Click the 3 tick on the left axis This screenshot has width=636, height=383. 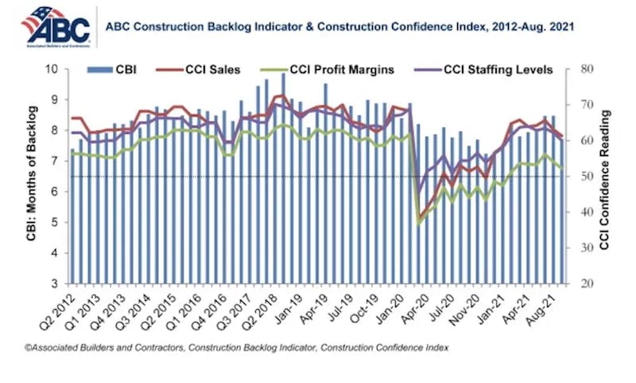click(60, 283)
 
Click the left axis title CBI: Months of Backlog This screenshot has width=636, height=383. click(31, 177)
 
